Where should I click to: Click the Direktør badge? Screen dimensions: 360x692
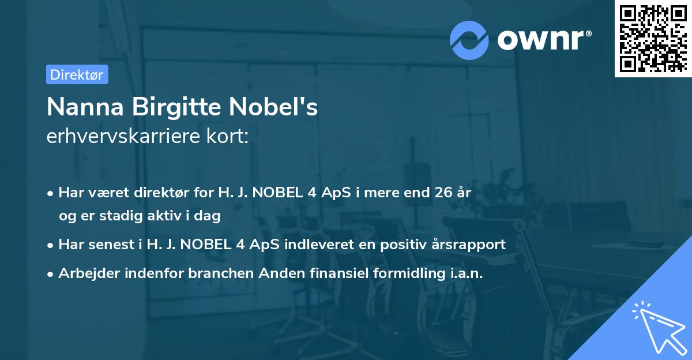click(x=77, y=74)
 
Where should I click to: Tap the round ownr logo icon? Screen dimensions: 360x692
click(x=469, y=40)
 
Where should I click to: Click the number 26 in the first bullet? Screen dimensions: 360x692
click(x=443, y=193)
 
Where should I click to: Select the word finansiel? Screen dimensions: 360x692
click(x=334, y=273)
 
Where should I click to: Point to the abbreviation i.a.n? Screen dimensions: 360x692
click(x=466, y=273)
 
